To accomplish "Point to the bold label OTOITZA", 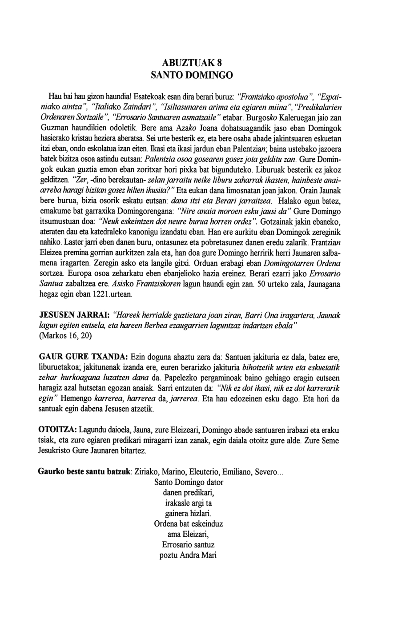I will (x=58, y=431).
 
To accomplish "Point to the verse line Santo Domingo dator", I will (x=188, y=482).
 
